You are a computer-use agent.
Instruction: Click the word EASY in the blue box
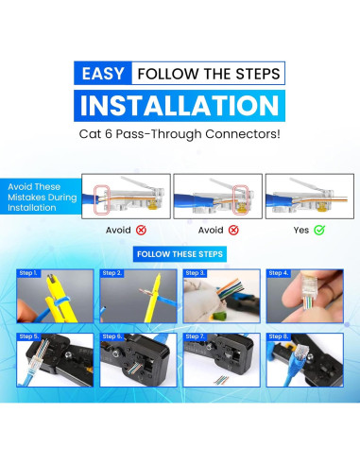pos(103,74)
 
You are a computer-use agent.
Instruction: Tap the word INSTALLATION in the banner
pos(180,106)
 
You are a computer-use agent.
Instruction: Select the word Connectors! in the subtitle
pos(243,134)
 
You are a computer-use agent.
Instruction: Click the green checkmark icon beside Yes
pos(319,230)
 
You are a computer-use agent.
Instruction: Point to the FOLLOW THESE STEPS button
pos(180,254)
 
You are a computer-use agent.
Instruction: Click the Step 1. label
pos(28,273)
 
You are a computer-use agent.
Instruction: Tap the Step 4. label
pos(278,273)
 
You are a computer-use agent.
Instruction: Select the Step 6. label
pos(111,336)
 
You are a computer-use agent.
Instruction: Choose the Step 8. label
pos(278,336)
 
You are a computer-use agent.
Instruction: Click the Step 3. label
pos(195,273)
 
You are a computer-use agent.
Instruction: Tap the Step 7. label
pos(195,336)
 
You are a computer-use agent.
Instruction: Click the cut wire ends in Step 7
pos(221,380)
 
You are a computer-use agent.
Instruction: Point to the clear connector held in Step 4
pos(309,290)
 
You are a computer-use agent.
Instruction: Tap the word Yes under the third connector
pos(301,231)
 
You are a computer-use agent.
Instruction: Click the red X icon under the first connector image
pos(141,231)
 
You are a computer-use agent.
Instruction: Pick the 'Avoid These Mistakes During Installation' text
pos(43,198)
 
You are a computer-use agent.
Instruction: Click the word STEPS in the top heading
pos(258,74)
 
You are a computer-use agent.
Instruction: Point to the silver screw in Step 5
pos(68,355)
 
